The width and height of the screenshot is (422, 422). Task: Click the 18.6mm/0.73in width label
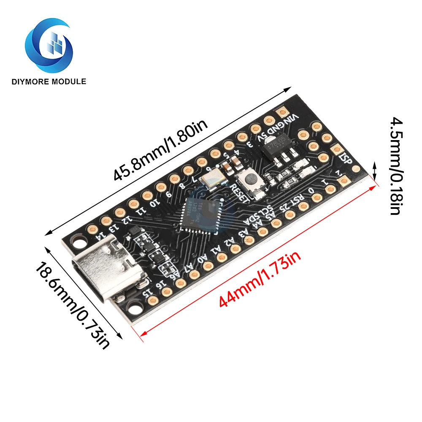pyautogui.click(x=72, y=305)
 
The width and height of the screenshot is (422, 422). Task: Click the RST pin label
pyautogui.click(x=298, y=199)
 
